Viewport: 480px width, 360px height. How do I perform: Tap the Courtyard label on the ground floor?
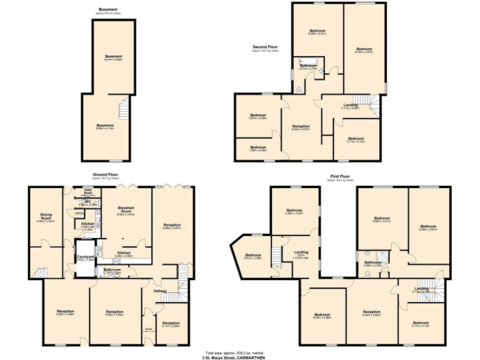(85, 257)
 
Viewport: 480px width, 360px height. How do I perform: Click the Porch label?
(149, 330)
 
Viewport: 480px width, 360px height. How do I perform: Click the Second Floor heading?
(265, 47)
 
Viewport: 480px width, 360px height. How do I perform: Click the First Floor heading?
(339, 177)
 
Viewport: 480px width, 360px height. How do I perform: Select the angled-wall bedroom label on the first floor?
(253, 256)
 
